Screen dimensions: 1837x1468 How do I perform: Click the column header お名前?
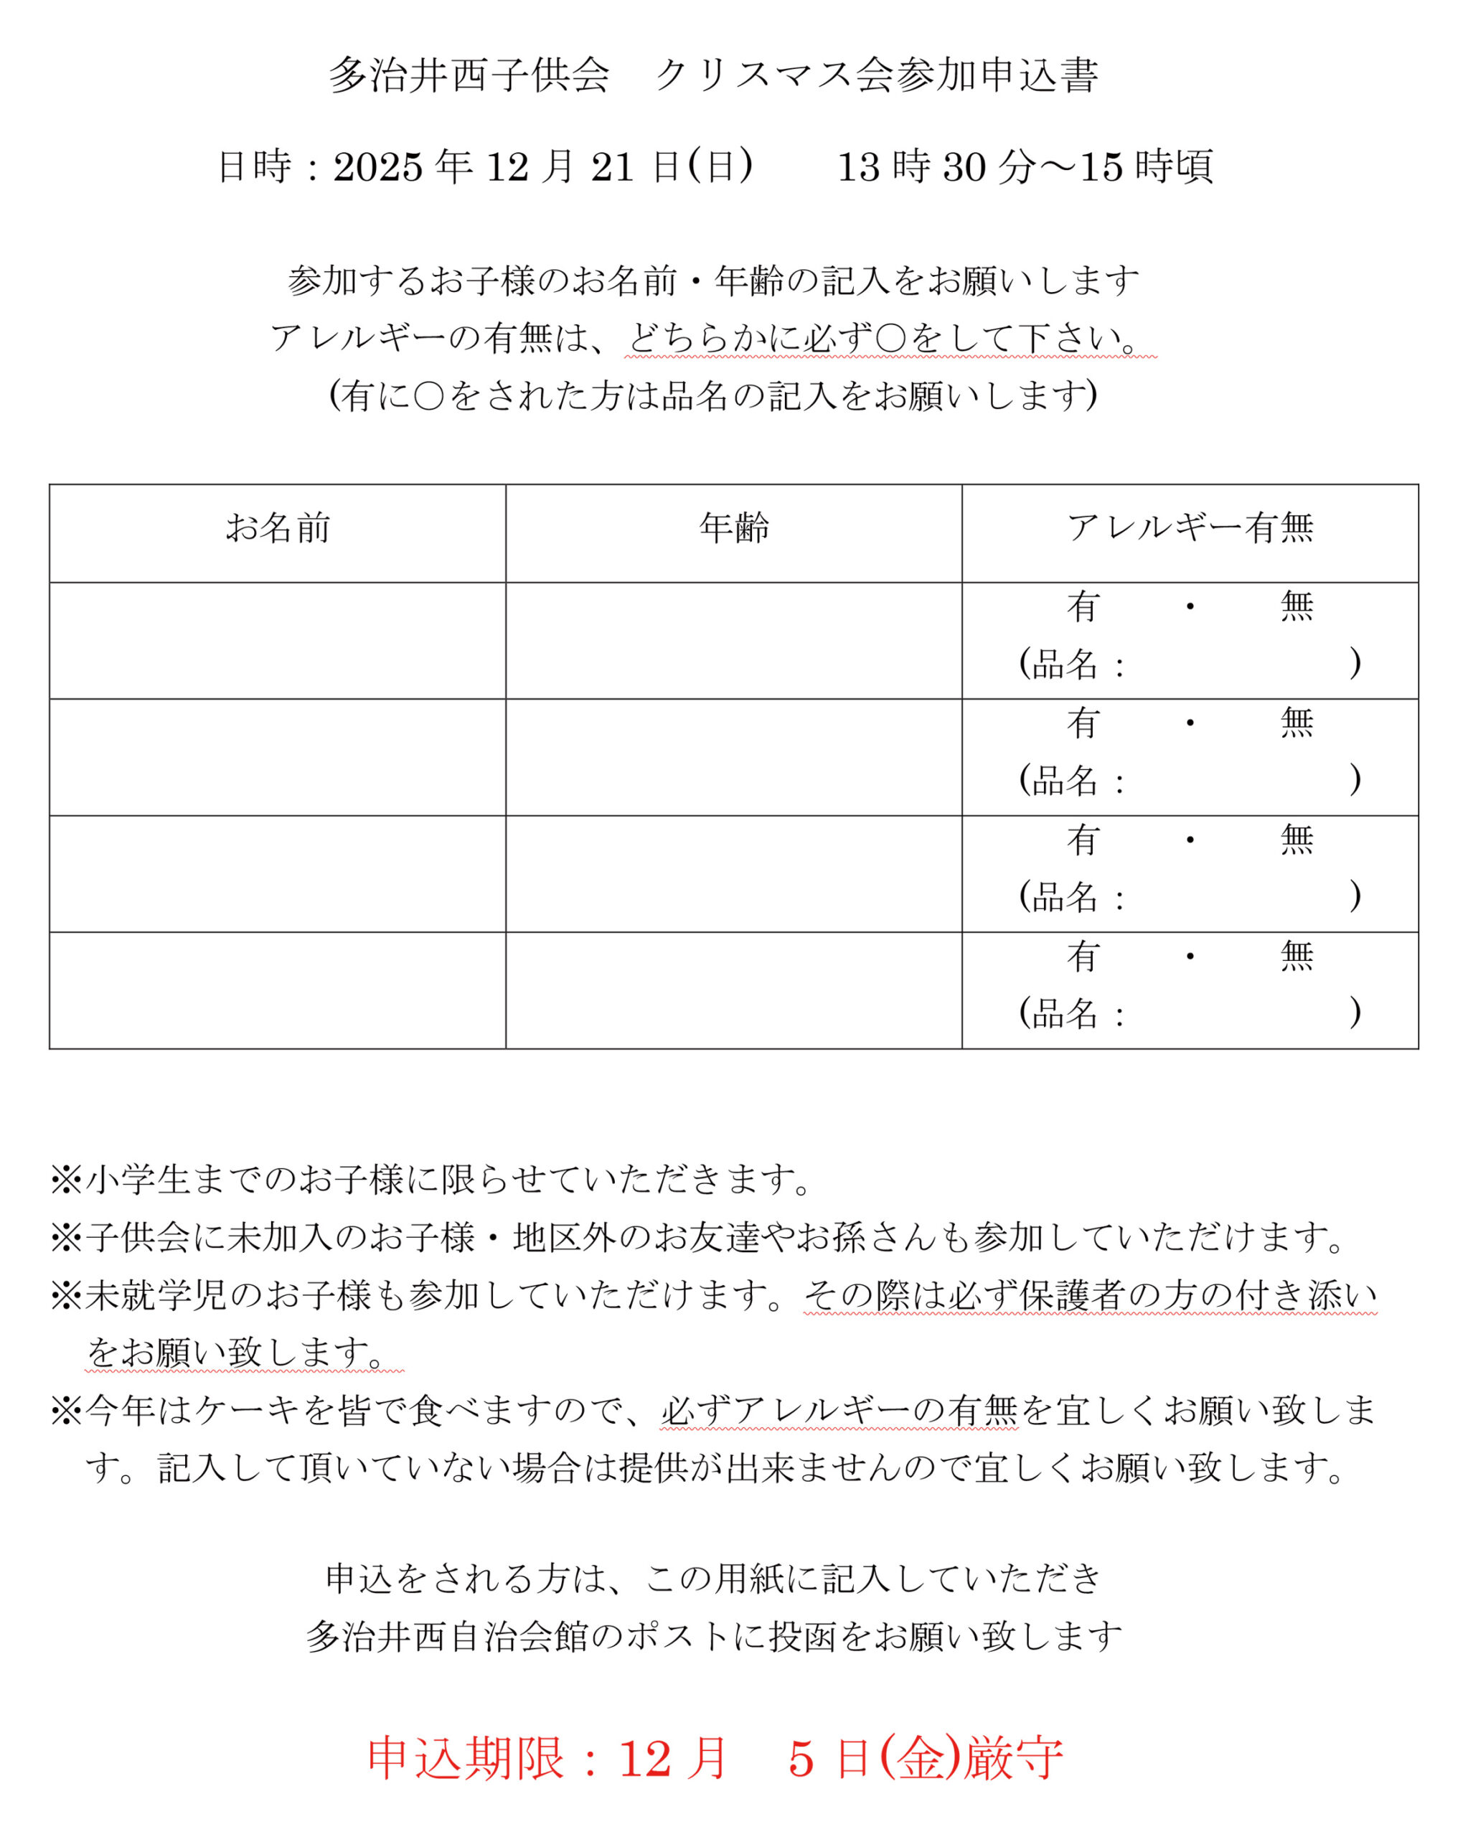coord(277,528)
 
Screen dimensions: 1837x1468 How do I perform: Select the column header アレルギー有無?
coord(1190,528)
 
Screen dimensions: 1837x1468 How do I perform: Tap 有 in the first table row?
coord(1083,606)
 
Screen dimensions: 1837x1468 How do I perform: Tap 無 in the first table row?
coord(1297,606)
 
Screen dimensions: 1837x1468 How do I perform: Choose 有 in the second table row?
coord(1083,723)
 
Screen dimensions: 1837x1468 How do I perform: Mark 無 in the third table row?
coord(1297,840)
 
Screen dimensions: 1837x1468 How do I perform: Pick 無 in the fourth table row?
coord(1297,957)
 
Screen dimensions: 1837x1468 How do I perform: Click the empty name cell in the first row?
coord(277,641)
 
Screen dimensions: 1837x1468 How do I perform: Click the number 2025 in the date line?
coord(378,167)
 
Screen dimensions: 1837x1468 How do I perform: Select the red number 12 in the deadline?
coord(645,1758)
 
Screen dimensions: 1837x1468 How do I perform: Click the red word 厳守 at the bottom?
coord(1014,1758)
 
